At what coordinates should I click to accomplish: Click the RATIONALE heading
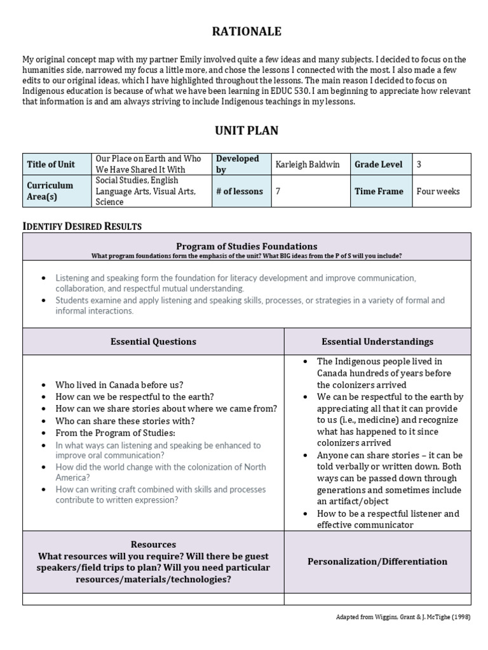[x=246, y=31]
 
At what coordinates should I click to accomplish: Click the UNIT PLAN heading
[x=246, y=131]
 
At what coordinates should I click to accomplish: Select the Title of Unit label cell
[x=51, y=164]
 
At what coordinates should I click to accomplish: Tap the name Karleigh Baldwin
[x=308, y=164]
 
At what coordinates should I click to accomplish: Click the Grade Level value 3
[x=419, y=164]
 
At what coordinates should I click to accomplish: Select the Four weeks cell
[x=438, y=191]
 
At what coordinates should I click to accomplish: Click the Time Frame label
[x=379, y=191]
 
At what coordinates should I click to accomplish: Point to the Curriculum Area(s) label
[x=50, y=191]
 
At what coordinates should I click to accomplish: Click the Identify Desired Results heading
[x=83, y=226]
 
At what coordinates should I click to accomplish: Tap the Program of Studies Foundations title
[x=247, y=246]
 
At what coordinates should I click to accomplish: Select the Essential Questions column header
[x=153, y=342]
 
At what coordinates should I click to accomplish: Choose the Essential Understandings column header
[x=377, y=342]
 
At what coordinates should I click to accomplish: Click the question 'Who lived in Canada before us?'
[x=119, y=385]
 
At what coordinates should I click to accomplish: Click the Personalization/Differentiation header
[x=377, y=561]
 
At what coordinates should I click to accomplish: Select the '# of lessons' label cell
[x=239, y=191]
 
